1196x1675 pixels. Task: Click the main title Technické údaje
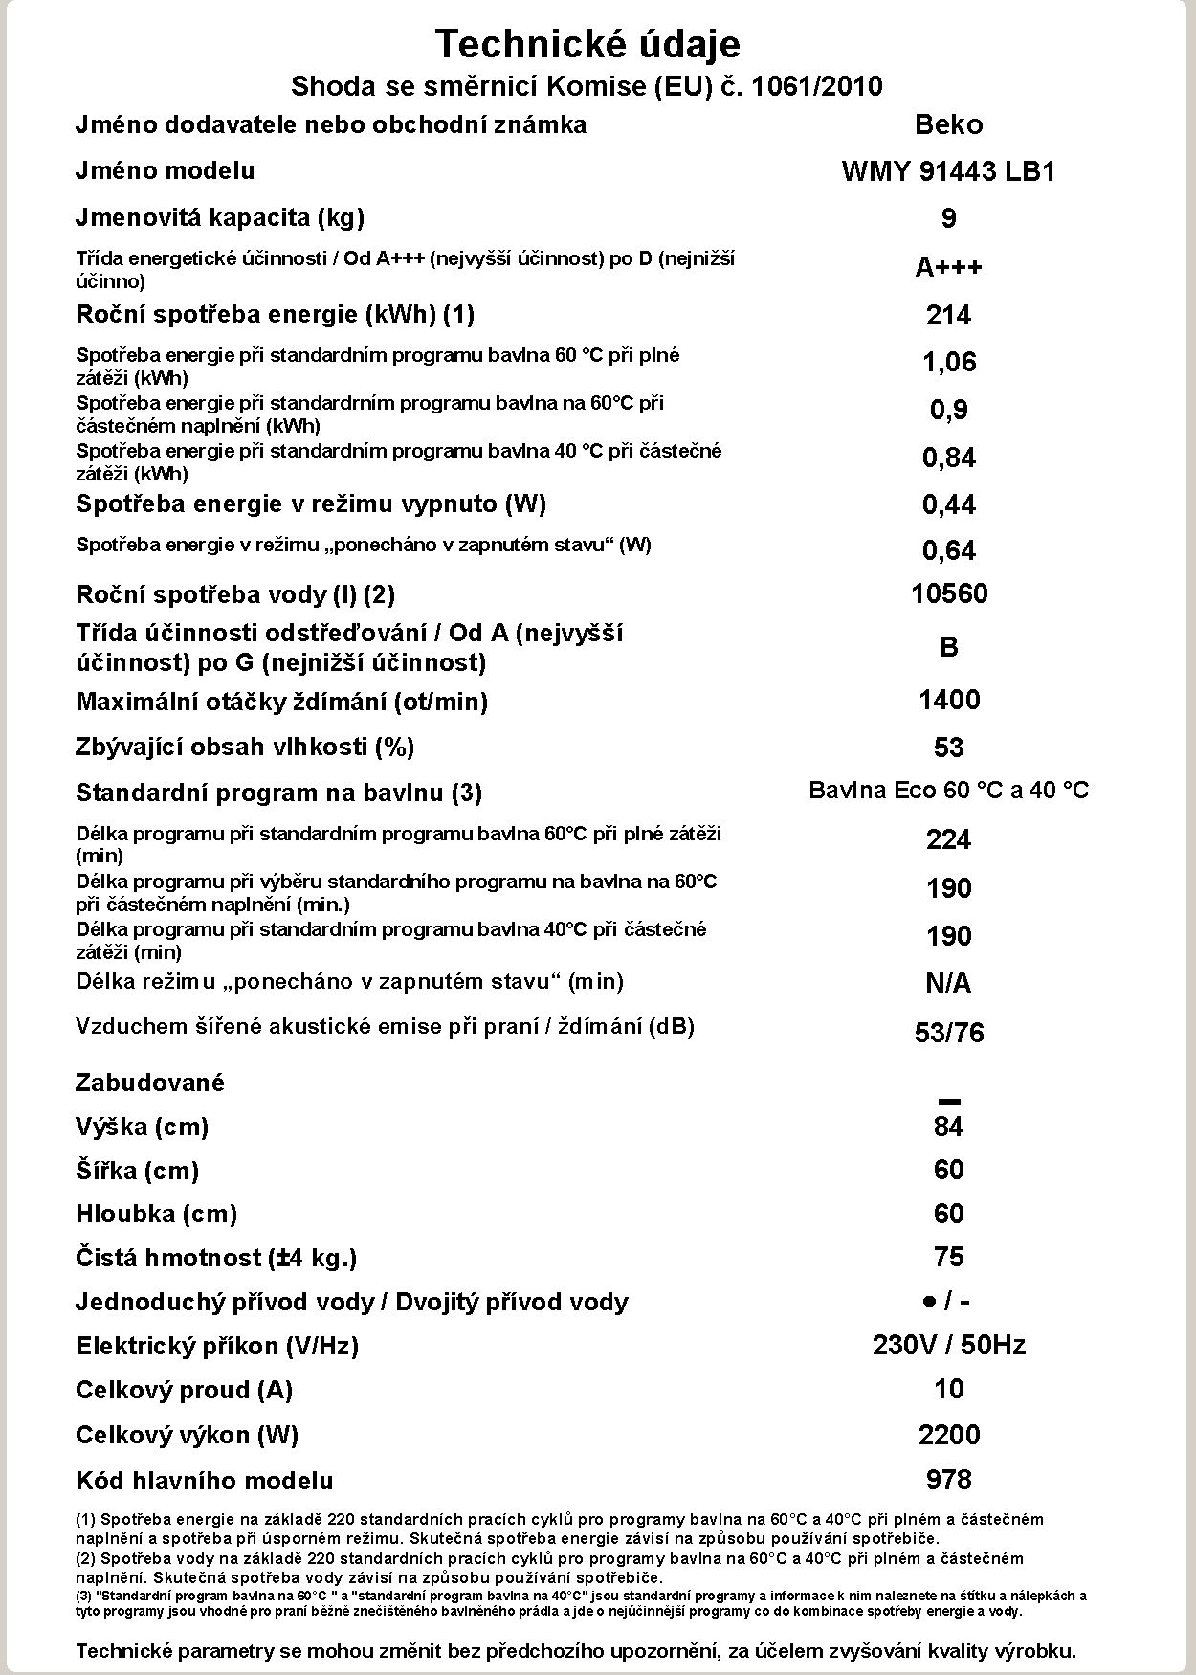click(x=587, y=44)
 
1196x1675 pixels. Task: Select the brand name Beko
click(x=948, y=124)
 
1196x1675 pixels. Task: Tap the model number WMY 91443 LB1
click(x=948, y=171)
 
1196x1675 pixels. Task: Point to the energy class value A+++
click(x=948, y=267)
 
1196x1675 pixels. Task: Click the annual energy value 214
click(x=948, y=315)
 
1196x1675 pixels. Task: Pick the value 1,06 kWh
click(x=948, y=362)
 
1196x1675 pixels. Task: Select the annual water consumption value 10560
click(x=948, y=594)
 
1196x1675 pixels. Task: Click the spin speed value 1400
click(x=948, y=700)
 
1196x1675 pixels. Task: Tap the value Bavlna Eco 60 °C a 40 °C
click(x=948, y=791)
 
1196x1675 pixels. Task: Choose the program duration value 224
click(x=948, y=839)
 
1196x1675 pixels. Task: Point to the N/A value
click(x=948, y=983)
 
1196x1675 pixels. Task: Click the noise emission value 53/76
click(x=948, y=1033)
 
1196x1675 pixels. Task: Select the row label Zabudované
click(x=150, y=1083)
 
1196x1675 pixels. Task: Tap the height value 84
click(x=948, y=1127)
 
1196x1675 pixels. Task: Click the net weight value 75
click(x=948, y=1257)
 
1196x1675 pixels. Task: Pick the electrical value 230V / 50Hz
click(x=948, y=1345)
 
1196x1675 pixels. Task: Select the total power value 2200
click(x=948, y=1435)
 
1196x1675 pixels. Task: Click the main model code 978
click(x=948, y=1480)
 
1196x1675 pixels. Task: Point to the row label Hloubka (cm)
click(x=157, y=1214)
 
